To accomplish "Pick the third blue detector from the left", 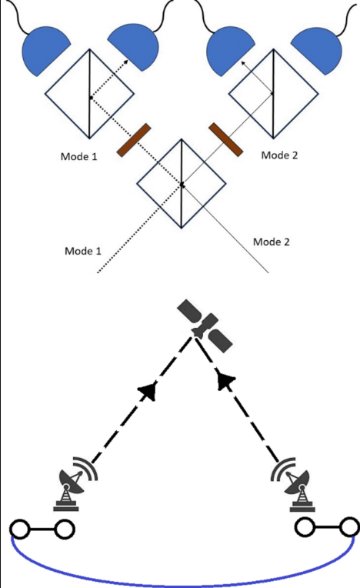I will click(230, 47).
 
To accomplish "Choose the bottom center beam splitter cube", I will click(181, 183).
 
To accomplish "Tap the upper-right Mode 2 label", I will click(280, 155).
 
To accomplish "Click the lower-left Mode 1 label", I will click(83, 251).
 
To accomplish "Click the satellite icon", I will click(204, 325).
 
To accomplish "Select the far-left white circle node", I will click(19, 529).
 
